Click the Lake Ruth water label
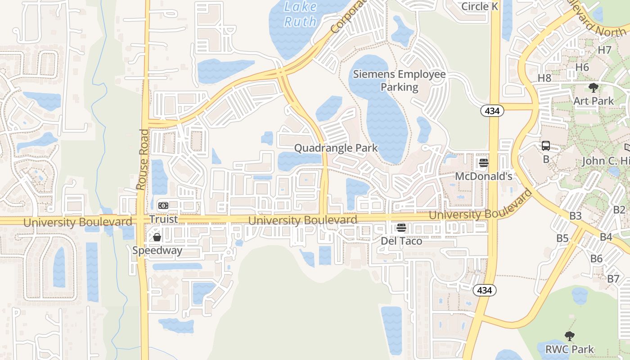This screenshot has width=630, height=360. click(301, 14)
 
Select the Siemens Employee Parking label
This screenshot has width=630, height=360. click(399, 81)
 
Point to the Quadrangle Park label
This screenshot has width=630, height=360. click(336, 148)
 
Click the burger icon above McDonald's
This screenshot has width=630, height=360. click(484, 163)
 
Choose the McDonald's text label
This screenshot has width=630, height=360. click(483, 176)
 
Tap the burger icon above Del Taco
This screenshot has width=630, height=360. click(401, 228)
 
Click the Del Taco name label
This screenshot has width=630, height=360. click(401, 241)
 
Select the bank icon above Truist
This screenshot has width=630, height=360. click(163, 205)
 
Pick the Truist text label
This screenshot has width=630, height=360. click(164, 219)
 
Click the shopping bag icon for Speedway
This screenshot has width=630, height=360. click(157, 237)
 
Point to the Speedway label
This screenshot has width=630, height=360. click(157, 250)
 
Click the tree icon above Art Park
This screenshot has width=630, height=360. click(594, 87)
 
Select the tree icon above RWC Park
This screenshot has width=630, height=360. click(570, 336)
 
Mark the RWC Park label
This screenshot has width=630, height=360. click(570, 349)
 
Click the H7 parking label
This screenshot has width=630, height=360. click(604, 49)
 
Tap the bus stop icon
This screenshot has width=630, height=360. click(546, 146)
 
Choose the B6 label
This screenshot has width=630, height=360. click(596, 258)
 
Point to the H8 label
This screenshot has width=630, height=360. click(544, 78)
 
